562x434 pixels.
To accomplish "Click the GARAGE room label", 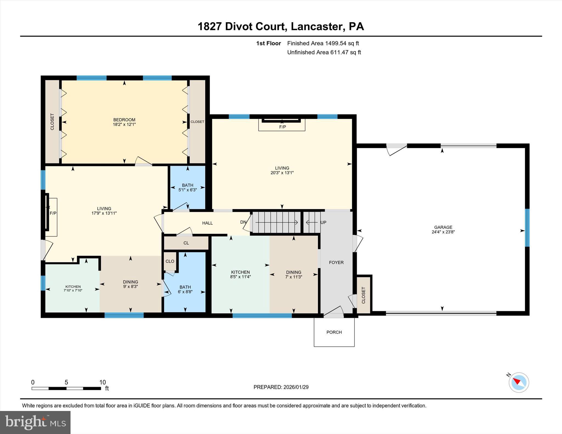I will click(x=443, y=227).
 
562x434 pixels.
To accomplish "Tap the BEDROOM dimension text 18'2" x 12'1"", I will click(x=124, y=124).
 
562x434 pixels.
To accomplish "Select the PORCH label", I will click(x=334, y=332).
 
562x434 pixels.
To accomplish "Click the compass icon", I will click(x=519, y=382).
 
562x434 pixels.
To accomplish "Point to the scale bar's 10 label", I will click(x=102, y=382).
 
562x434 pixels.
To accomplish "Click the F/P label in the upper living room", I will click(x=282, y=127).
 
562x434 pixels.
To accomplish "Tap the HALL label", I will click(x=207, y=223).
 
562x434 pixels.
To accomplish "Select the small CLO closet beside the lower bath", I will click(x=170, y=261).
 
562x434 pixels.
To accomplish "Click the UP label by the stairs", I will click(x=323, y=222).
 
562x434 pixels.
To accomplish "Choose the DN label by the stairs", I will click(x=243, y=222).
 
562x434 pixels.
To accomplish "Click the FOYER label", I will click(x=336, y=262).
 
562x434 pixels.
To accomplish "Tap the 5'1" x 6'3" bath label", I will click(x=188, y=190).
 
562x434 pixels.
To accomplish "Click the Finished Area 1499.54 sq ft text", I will click(x=323, y=43).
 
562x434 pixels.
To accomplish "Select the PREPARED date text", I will click(x=281, y=387).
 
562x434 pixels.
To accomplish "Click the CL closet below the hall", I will click(x=186, y=243).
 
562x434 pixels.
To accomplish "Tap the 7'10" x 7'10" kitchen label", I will click(x=73, y=290).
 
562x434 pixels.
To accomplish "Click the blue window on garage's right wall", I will click(x=527, y=228).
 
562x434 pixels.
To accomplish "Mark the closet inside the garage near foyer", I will click(x=364, y=295).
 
